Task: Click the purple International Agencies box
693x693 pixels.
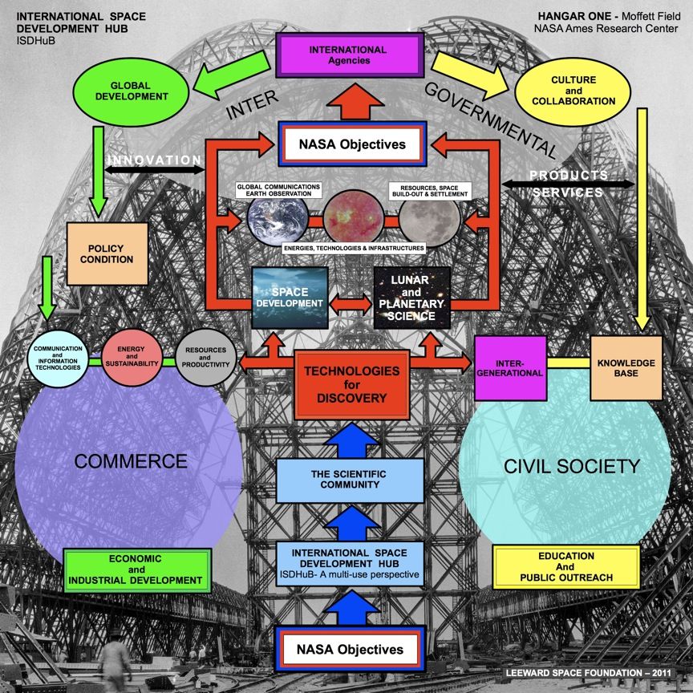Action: tap(347, 55)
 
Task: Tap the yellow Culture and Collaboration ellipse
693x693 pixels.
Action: tap(572, 91)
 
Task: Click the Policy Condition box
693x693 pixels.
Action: tap(107, 253)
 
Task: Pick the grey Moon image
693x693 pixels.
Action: tap(429, 217)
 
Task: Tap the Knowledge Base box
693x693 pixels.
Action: tap(626, 368)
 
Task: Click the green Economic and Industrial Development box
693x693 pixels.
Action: tap(137, 569)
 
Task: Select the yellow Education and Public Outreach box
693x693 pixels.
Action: tap(566, 566)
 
